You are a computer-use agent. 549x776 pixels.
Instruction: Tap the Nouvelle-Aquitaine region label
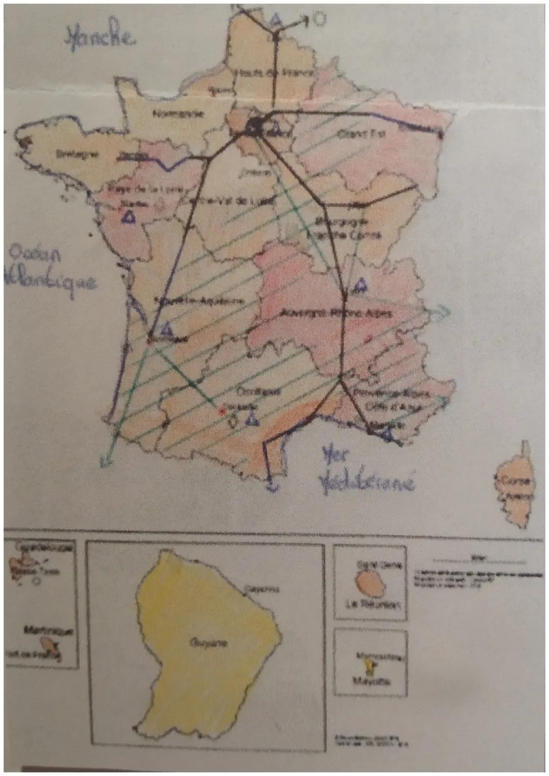(x=200, y=300)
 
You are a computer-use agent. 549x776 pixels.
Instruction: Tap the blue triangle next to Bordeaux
(x=164, y=329)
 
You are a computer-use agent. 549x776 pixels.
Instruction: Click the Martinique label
(x=49, y=630)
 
